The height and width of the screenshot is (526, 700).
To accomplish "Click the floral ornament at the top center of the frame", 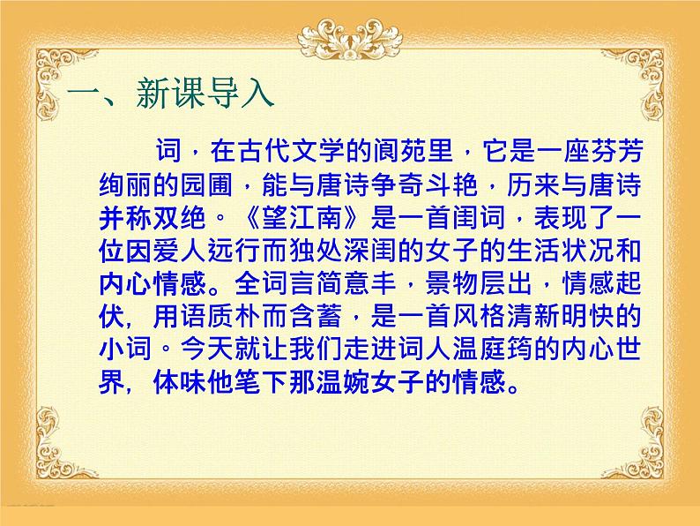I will point(350,35).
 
